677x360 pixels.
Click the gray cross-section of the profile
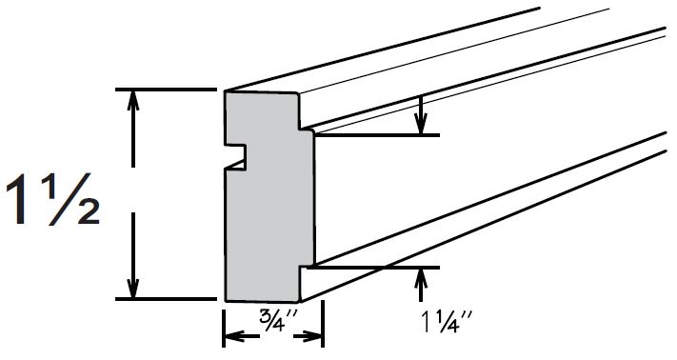(x=267, y=210)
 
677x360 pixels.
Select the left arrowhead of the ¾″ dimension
(x=231, y=336)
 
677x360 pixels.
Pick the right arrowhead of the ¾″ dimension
(x=316, y=336)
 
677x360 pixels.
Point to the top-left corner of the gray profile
(x=226, y=92)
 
